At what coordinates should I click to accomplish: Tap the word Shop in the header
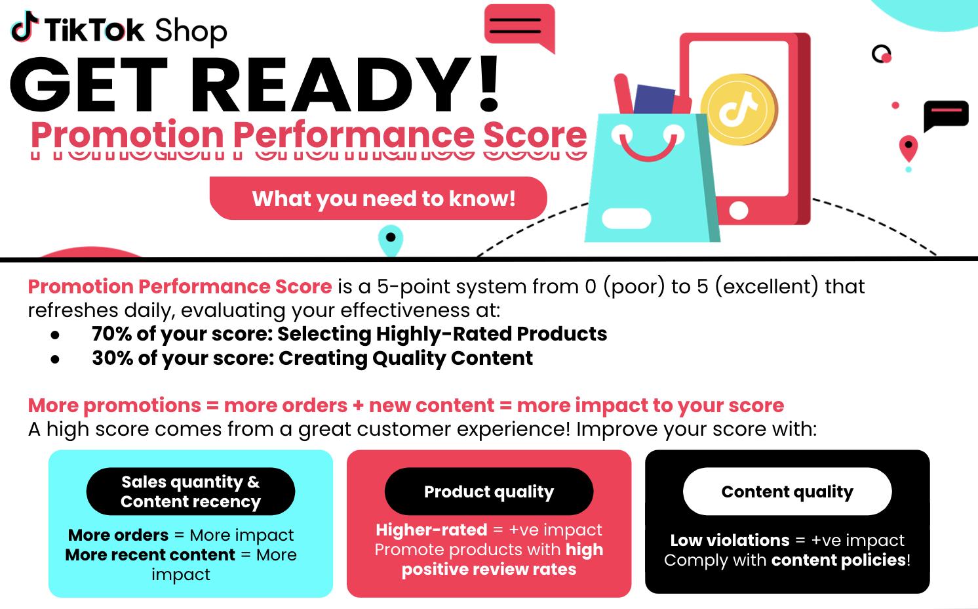tap(191, 31)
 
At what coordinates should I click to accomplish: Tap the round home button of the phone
tap(739, 211)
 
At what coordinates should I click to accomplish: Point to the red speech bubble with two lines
tap(518, 27)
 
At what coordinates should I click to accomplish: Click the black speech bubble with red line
tap(945, 114)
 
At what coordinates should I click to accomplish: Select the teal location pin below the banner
tap(391, 240)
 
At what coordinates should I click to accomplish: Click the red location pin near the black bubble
tap(908, 148)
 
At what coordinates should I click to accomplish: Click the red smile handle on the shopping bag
tap(647, 150)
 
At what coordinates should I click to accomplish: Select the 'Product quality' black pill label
tap(489, 492)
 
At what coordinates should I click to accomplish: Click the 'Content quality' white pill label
tap(787, 492)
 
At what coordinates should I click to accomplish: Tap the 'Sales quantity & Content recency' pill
tap(191, 492)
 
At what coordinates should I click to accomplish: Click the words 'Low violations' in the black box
tap(729, 540)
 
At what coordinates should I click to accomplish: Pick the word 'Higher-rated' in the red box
tap(431, 530)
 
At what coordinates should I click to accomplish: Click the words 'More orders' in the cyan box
tap(118, 535)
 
